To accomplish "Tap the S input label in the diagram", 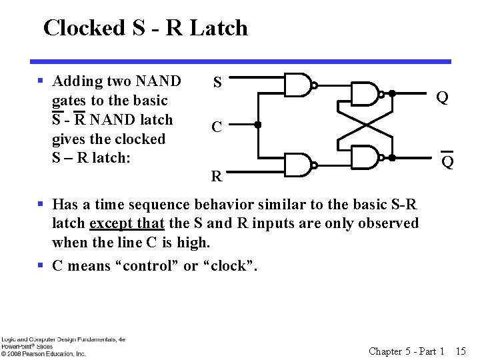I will [217, 83].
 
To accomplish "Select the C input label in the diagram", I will [217, 127].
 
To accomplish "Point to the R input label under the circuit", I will [217, 177].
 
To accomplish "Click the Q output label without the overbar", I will [442, 98].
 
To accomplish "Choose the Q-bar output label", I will [448, 161].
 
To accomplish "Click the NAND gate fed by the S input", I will [298, 85].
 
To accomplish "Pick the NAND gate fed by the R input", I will [298, 165].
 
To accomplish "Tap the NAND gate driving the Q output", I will [364, 94].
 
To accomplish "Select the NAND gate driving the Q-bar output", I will [364, 157].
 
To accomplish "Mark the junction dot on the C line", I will [257, 125].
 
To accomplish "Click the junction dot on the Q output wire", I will [393, 94].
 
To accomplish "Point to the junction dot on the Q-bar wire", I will [393, 157].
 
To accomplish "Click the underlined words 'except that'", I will [127, 223].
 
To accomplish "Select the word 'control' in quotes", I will [149, 266].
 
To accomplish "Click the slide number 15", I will [461, 351].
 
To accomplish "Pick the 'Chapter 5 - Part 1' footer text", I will [407, 351].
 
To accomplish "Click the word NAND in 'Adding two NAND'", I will [158, 81].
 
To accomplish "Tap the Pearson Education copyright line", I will [43, 354].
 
